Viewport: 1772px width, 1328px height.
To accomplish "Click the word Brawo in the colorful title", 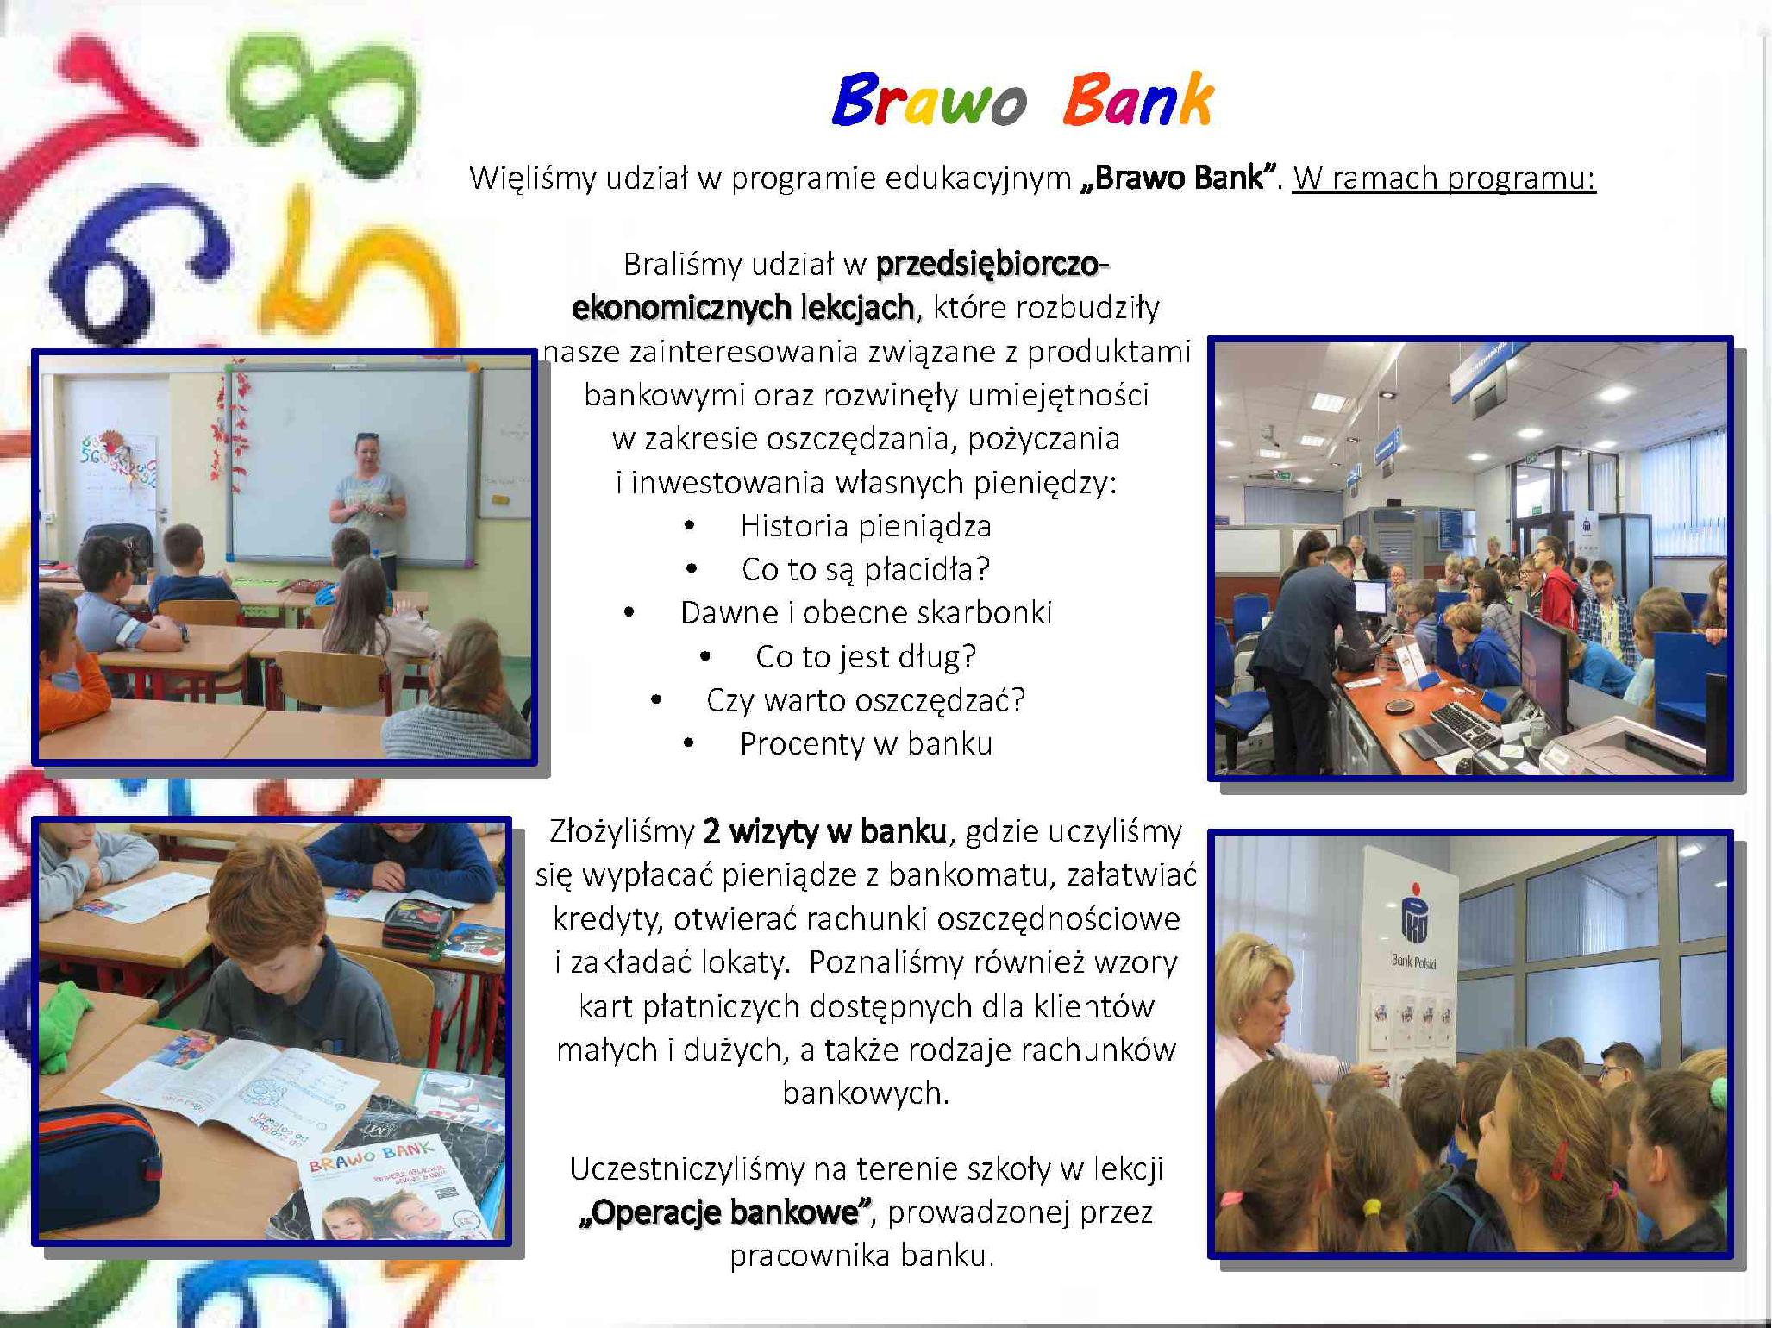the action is (929, 101).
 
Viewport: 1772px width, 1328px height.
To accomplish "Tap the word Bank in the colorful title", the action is (1138, 100).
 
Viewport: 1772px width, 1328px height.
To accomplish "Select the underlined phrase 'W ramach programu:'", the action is (1444, 179).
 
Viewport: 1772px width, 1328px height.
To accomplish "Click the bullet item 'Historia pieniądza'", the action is (866, 526).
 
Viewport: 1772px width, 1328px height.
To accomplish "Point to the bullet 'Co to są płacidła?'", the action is (866, 569).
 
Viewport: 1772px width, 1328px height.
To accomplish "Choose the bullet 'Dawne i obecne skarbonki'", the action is (866, 612).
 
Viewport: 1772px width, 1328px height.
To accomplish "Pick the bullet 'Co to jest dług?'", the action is (866, 657).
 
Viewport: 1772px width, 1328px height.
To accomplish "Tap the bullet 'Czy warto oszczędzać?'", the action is (866, 700).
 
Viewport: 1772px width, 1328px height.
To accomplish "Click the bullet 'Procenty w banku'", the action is (866, 743).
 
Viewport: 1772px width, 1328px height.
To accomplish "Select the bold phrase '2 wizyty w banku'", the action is (825, 831).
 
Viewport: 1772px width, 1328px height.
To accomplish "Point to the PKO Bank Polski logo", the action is (1414, 924).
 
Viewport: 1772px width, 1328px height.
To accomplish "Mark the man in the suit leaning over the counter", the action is (1302, 638).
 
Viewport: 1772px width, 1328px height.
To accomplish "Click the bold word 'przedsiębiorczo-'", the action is (992, 264).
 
